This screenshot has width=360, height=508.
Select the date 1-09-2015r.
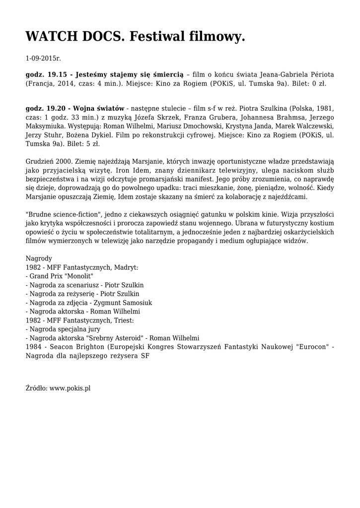pos(43,59)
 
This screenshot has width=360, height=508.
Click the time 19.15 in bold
pos(58,74)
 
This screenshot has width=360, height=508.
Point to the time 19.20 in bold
pos(58,108)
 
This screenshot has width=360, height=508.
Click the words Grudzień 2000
pos(48,162)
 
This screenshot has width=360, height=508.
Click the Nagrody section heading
pos(38,258)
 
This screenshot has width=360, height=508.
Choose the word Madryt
pos(126,267)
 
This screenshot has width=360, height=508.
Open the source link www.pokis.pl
pos(70,388)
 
